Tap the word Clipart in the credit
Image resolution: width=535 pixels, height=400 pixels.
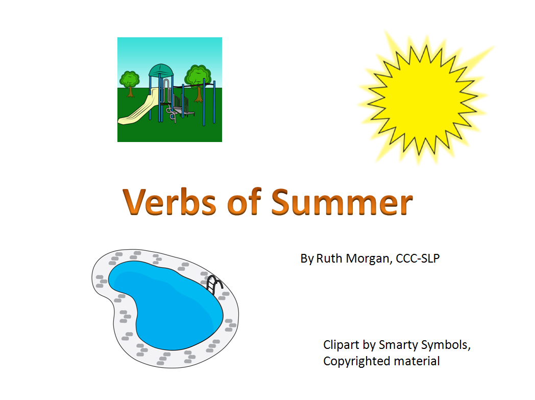[340, 345]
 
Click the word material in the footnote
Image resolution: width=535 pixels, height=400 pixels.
[417, 361]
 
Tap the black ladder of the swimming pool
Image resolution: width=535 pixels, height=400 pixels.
[215, 284]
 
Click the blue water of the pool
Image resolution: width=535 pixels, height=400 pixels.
[163, 301]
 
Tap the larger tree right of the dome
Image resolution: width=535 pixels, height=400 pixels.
[198, 77]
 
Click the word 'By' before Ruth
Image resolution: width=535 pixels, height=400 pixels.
[307, 259]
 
